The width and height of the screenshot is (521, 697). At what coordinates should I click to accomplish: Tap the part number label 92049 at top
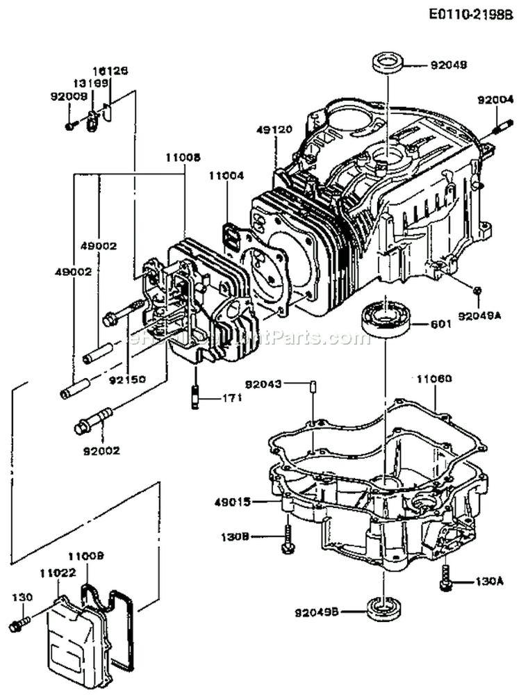tap(449, 67)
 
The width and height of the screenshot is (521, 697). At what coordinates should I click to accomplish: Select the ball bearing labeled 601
tap(386, 317)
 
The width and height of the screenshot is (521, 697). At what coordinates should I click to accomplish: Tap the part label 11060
tap(434, 379)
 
